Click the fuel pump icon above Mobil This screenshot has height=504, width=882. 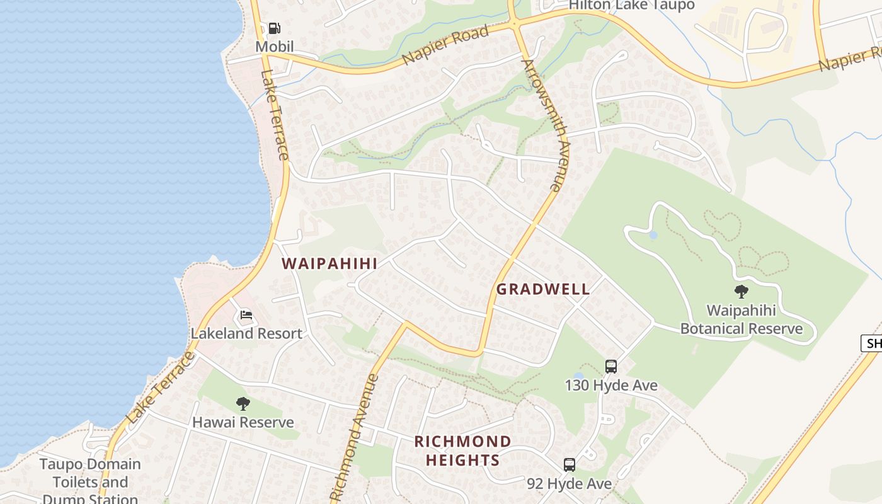point(275,28)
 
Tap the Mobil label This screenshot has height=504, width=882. point(275,47)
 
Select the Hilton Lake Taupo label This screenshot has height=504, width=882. point(631,5)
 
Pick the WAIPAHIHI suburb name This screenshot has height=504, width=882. point(329,264)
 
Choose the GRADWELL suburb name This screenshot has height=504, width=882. point(543,289)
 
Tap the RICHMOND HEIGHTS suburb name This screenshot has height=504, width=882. point(462,450)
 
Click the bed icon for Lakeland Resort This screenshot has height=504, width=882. point(246,315)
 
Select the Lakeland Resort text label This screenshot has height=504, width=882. point(246,333)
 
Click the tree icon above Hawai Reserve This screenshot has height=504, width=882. point(243,404)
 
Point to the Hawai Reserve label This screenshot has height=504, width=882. point(243,422)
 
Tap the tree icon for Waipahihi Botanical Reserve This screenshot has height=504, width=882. point(742,292)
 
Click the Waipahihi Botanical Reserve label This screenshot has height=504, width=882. point(742,319)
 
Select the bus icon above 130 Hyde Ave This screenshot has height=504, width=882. point(610,367)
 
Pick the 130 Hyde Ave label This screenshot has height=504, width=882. point(611,385)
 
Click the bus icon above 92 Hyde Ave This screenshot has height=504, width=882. point(570,465)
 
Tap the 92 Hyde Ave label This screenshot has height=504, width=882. point(570,483)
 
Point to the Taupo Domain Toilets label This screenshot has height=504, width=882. point(90,482)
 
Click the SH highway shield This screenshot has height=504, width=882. point(872,343)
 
